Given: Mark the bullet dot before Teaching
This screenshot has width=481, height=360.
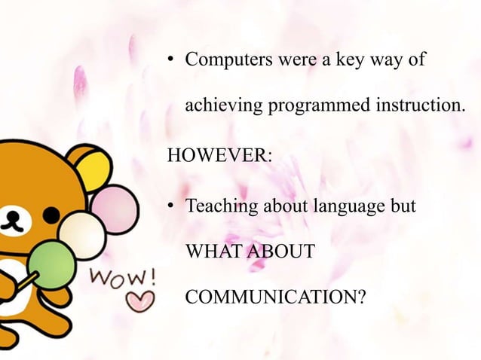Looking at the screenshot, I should click(x=172, y=206).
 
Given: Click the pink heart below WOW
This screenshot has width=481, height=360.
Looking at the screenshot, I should click(x=139, y=302).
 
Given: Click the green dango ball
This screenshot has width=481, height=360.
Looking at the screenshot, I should click(x=51, y=261).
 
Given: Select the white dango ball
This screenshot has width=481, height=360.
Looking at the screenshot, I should click(x=82, y=233).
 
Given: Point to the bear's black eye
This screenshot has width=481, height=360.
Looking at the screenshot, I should click(x=50, y=215).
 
